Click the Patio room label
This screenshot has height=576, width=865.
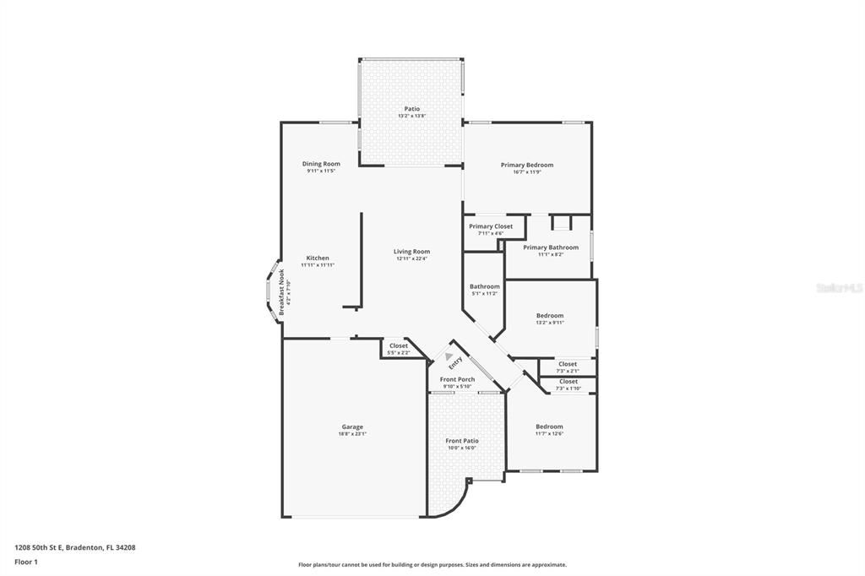tap(411, 109)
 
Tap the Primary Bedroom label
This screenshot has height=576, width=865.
tap(526, 165)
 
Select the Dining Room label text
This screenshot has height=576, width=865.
tap(321, 164)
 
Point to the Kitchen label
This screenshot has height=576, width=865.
tap(318, 258)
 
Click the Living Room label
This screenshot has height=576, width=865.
tap(412, 252)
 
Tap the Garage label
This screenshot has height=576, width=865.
tap(352, 427)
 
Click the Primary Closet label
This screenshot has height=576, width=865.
tap(491, 226)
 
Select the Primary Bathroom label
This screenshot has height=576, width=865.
tap(551, 247)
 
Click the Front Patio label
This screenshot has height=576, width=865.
tap(462, 441)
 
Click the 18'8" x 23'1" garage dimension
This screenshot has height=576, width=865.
tap(352, 433)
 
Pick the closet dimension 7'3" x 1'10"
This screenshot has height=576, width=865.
tap(568, 388)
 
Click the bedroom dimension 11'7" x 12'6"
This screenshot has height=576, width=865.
tap(549, 433)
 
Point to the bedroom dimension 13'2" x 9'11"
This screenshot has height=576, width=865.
tap(550, 322)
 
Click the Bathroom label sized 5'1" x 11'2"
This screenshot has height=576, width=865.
tap(485, 287)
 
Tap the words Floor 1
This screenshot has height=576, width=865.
tap(25, 562)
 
